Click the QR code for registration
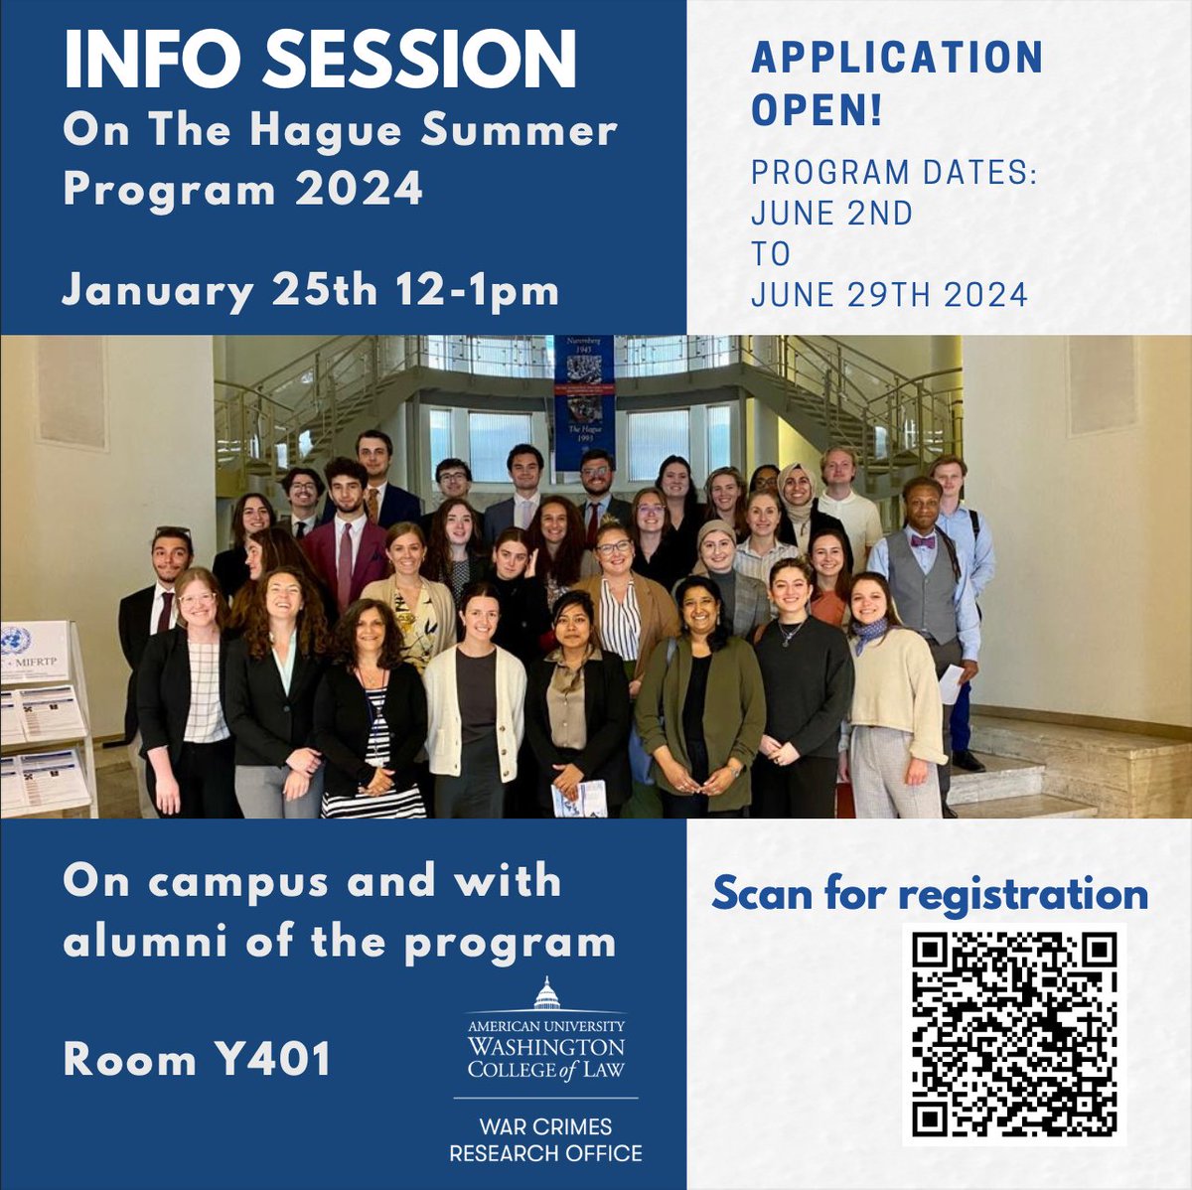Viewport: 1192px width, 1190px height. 1014,1035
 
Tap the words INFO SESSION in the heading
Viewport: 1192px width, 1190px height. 320,62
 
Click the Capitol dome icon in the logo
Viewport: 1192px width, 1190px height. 546,993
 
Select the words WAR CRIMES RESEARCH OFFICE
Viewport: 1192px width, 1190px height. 545,1140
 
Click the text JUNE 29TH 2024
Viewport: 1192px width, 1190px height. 889,295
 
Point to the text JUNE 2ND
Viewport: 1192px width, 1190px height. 831,213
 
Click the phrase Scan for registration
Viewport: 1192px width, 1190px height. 930,893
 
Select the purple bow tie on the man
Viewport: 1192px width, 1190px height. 923,542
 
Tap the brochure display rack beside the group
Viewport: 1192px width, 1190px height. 45,715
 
